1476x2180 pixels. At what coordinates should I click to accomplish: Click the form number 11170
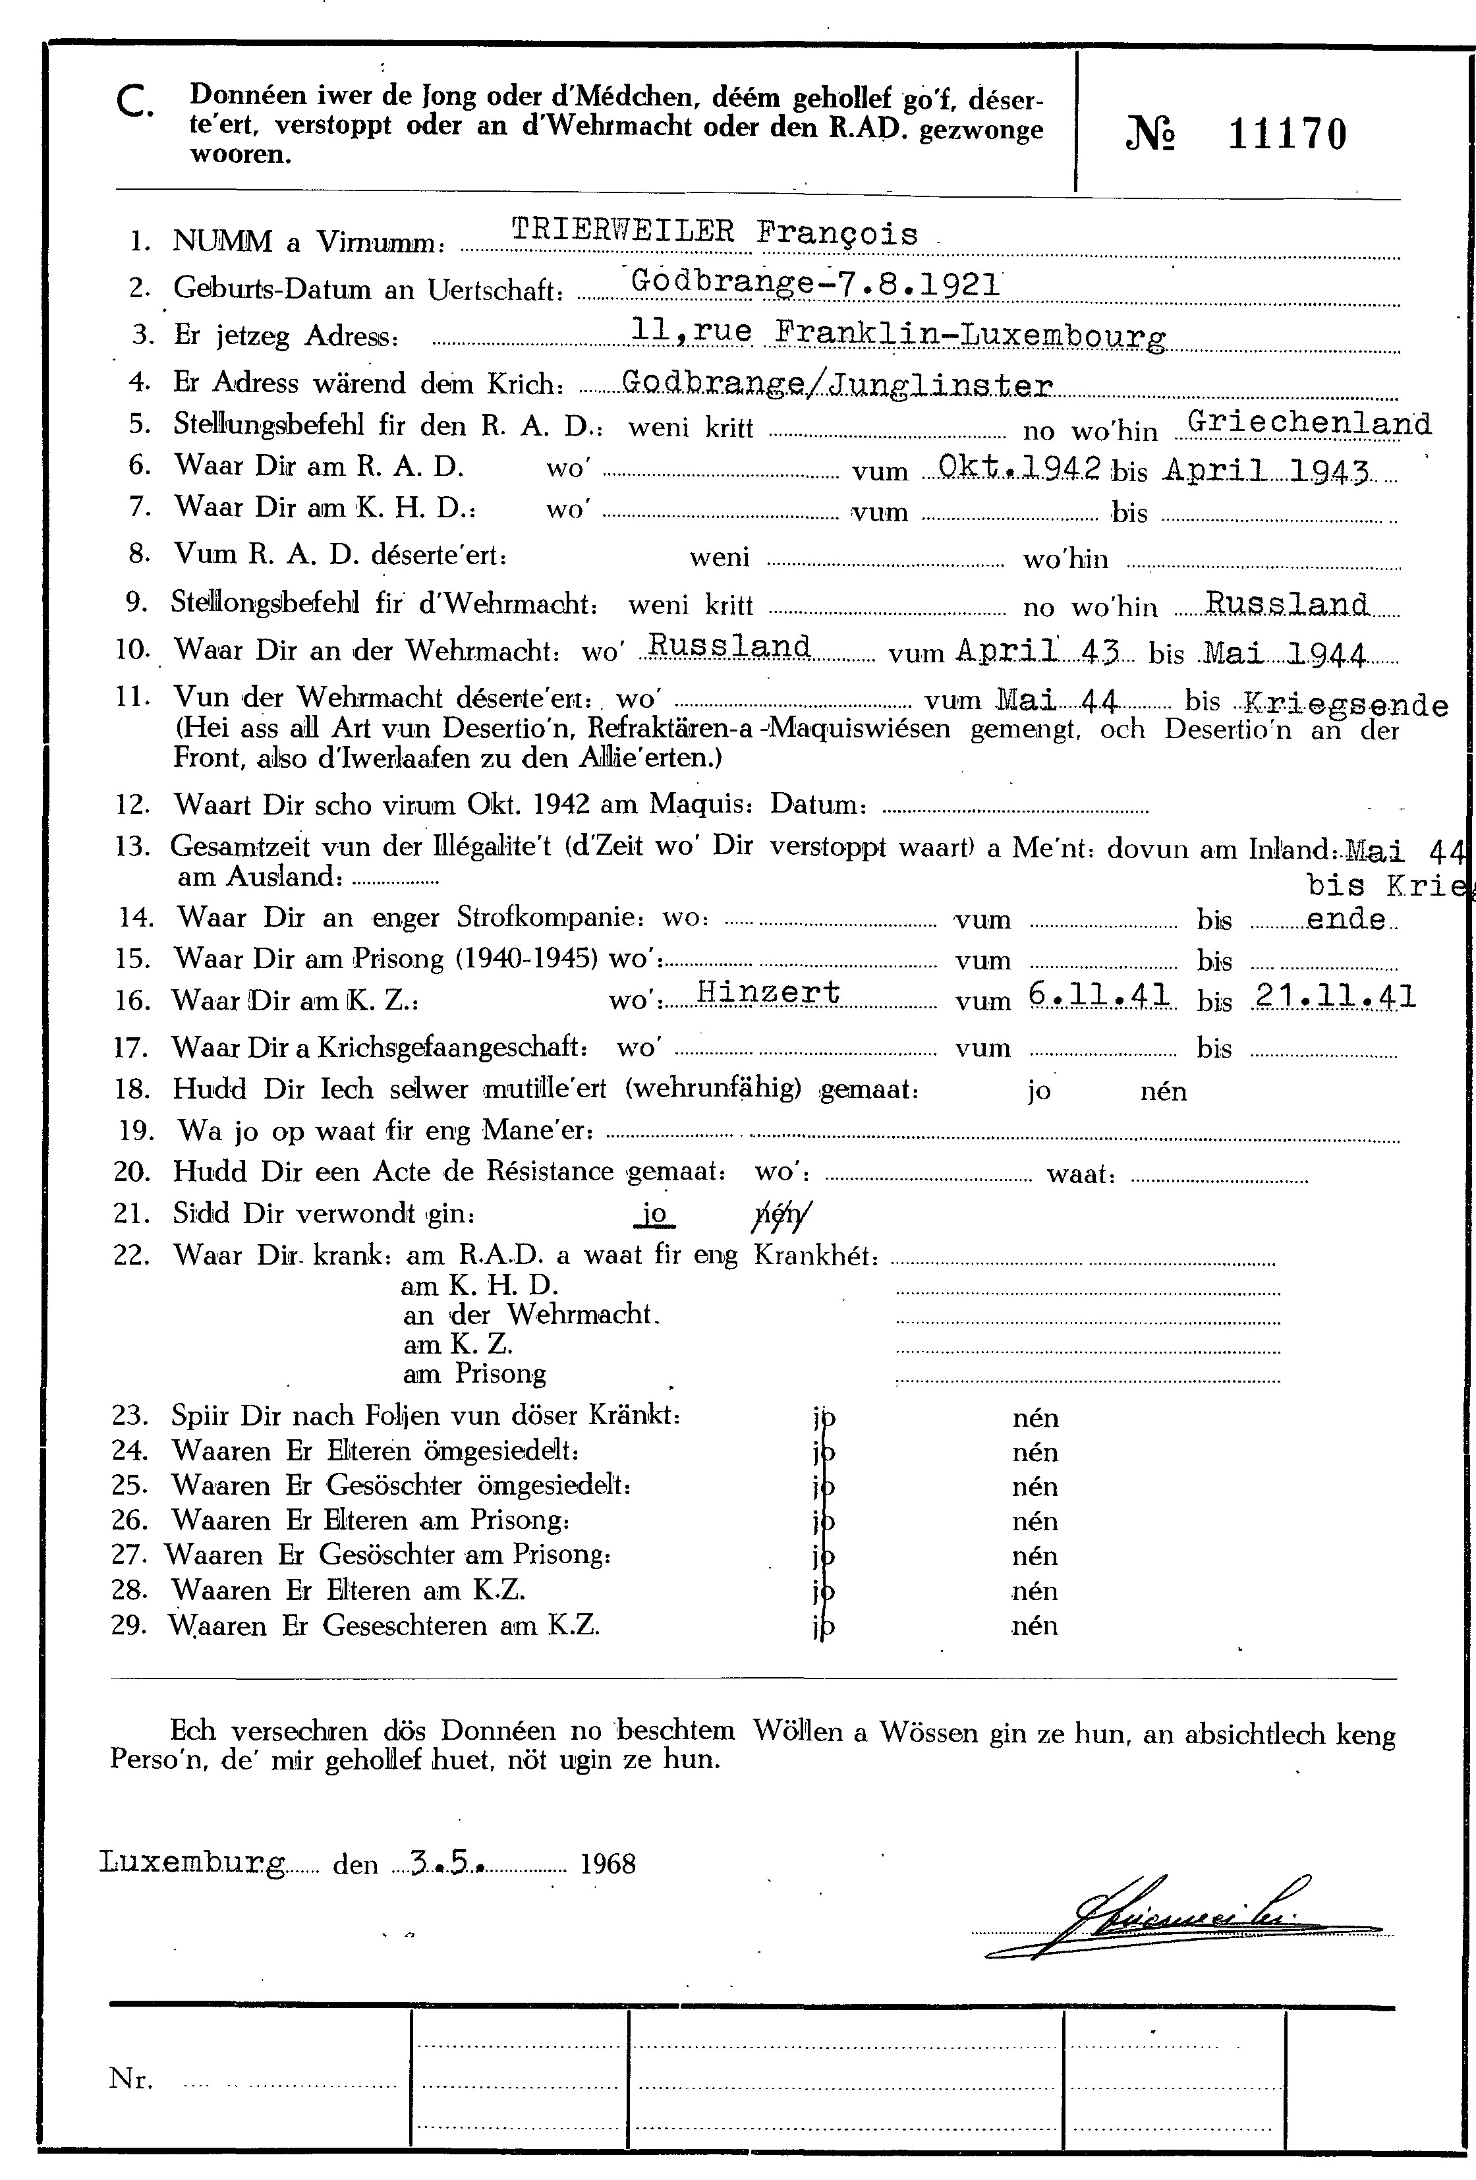1287,135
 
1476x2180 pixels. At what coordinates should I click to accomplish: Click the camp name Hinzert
768,992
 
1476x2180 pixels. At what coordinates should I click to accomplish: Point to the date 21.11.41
1334,995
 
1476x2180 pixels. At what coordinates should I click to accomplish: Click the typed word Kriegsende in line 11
1345,704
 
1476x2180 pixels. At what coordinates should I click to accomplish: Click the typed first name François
836,233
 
